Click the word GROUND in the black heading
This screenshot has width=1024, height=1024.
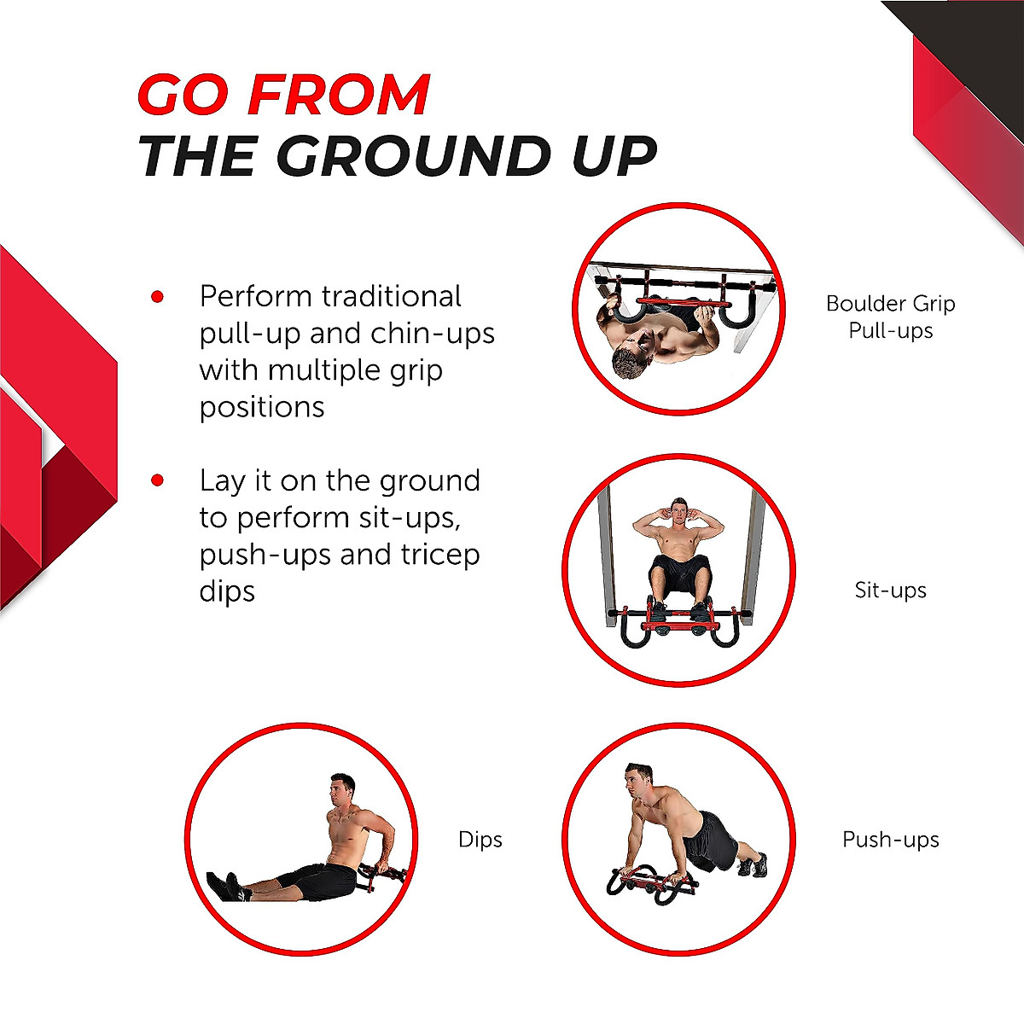tap(416, 157)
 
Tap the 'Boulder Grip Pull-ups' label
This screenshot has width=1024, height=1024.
tap(890, 317)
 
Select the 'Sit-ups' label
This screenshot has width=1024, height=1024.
tap(890, 590)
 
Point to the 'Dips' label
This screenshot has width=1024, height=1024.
tap(480, 839)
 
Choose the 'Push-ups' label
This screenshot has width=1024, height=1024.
tap(890, 839)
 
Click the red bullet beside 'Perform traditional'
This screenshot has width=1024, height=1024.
tap(157, 297)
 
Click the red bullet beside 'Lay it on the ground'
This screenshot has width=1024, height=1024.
tap(157, 480)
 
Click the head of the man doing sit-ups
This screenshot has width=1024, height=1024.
tap(678, 511)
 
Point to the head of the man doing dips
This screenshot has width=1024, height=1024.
tap(341, 788)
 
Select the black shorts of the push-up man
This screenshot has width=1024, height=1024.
tap(710, 838)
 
